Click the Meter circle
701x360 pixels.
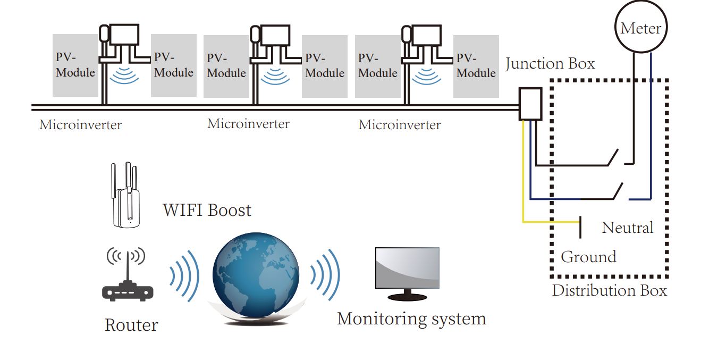tap(640, 28)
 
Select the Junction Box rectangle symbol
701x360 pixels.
tap(530, 104)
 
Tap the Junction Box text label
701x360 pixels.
tap(550, 64)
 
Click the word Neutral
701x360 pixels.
tap(627, 228)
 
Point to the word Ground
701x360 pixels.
tap(588, 257)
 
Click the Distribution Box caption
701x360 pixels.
tap(609, 290)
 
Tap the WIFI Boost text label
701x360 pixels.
tap(207, 210)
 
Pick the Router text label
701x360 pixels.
tap(131, 325)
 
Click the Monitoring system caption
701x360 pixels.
tap(411, 319)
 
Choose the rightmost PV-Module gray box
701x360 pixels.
tap(476, 66)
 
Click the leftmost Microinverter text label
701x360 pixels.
tap(80, 125)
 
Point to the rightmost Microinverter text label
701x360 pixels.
tap(399, 125)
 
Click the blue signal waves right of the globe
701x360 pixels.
tap(325, 274)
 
